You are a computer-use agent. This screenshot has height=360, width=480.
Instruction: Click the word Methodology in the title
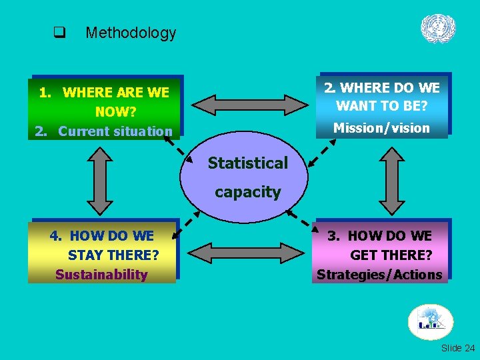131,33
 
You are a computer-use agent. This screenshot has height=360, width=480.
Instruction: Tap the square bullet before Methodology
59,32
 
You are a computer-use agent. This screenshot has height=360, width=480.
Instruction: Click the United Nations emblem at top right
438,29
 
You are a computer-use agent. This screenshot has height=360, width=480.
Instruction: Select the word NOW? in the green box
116,111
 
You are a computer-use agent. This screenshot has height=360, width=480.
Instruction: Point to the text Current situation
115,131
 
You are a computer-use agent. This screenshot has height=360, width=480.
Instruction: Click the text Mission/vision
381,128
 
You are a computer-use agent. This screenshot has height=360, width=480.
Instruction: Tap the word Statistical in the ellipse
247,163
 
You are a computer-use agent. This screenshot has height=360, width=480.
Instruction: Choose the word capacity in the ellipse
247,192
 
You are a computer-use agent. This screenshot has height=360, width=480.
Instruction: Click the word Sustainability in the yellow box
101,274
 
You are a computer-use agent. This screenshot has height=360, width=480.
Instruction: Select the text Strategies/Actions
379,274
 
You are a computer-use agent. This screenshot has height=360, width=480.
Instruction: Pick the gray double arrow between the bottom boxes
245,252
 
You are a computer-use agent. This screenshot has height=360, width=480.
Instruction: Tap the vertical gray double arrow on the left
100,179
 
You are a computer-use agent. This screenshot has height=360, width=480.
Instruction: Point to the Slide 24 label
458,348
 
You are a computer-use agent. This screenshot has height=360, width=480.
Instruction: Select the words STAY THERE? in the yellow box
113,255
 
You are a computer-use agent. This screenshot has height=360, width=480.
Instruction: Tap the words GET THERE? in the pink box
391,255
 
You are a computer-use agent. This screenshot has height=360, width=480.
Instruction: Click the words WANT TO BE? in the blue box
381,106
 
